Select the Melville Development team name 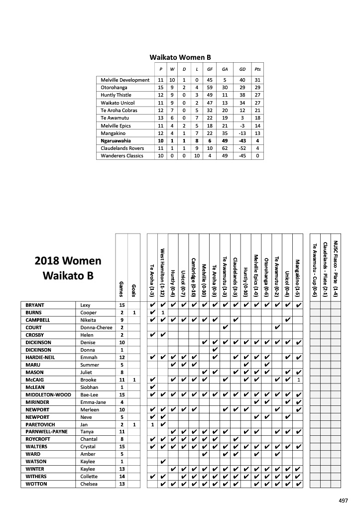click(125, 80)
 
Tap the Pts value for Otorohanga click(257, 88)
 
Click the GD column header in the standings click(242, 69)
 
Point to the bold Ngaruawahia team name click(118, 141)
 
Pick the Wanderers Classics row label click(122, 156)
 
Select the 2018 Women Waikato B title click(68, 268)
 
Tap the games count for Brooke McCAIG click(121, 380)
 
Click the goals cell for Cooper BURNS click(134, 312)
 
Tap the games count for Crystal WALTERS click(121, 446)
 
